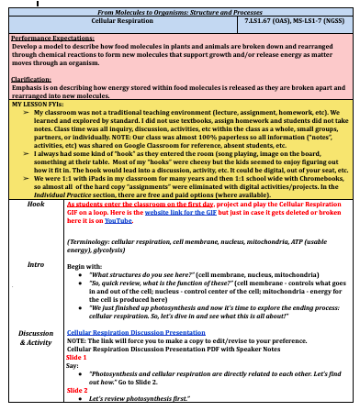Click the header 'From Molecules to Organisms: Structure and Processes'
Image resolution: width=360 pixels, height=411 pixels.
click(x=179, y=6)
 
